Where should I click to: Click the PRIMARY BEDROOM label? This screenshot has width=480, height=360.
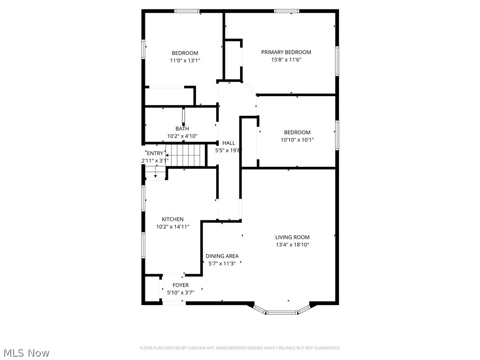286,52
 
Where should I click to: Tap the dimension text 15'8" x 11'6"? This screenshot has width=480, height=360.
286,60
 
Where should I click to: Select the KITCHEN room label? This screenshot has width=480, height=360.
172,219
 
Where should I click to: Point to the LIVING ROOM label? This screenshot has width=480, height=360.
292,237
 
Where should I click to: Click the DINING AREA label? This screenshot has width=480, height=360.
222,256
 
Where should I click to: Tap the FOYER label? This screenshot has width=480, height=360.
180,285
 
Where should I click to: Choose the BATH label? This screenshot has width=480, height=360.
182,129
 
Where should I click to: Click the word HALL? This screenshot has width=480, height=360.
229,143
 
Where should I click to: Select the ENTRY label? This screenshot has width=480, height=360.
155,153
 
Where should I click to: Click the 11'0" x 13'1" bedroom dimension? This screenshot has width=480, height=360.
185,60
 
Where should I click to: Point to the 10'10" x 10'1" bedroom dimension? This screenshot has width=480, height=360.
297,140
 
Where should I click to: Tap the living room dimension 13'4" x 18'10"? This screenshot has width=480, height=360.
292,245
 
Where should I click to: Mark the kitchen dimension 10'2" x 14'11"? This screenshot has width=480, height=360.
172,227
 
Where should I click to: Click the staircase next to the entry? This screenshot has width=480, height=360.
187,155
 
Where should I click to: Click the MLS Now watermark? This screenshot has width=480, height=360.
26,352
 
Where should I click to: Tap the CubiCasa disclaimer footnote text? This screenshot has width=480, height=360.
240,348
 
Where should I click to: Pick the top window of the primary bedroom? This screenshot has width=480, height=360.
287,11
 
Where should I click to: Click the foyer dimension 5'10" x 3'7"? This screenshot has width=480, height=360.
180,292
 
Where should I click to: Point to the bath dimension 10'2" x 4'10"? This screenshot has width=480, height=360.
182,136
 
